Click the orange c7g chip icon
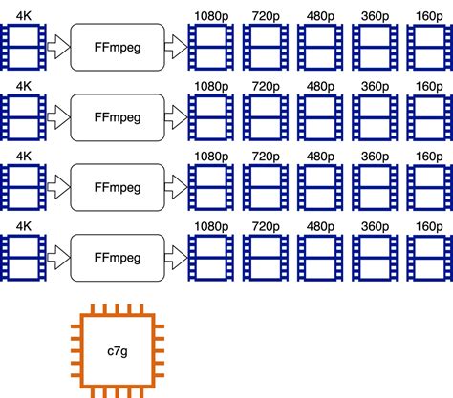(x=114, y=350)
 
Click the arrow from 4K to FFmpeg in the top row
(x=57, y=45)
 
